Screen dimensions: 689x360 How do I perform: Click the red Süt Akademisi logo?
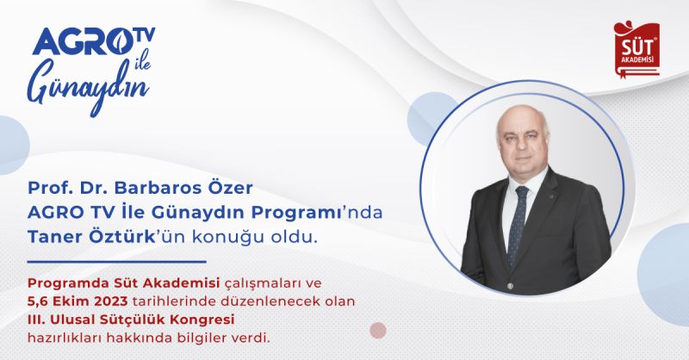[x=636, y=49]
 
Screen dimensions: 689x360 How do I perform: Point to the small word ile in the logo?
[x=140, y=59]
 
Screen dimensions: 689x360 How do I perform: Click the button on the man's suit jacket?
[x=509, y=286]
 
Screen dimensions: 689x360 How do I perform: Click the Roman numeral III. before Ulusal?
[x=36, y=320]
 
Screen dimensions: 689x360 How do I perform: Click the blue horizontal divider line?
[x=116, y=262]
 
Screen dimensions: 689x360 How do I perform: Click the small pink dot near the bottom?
[x=378, y=330]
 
